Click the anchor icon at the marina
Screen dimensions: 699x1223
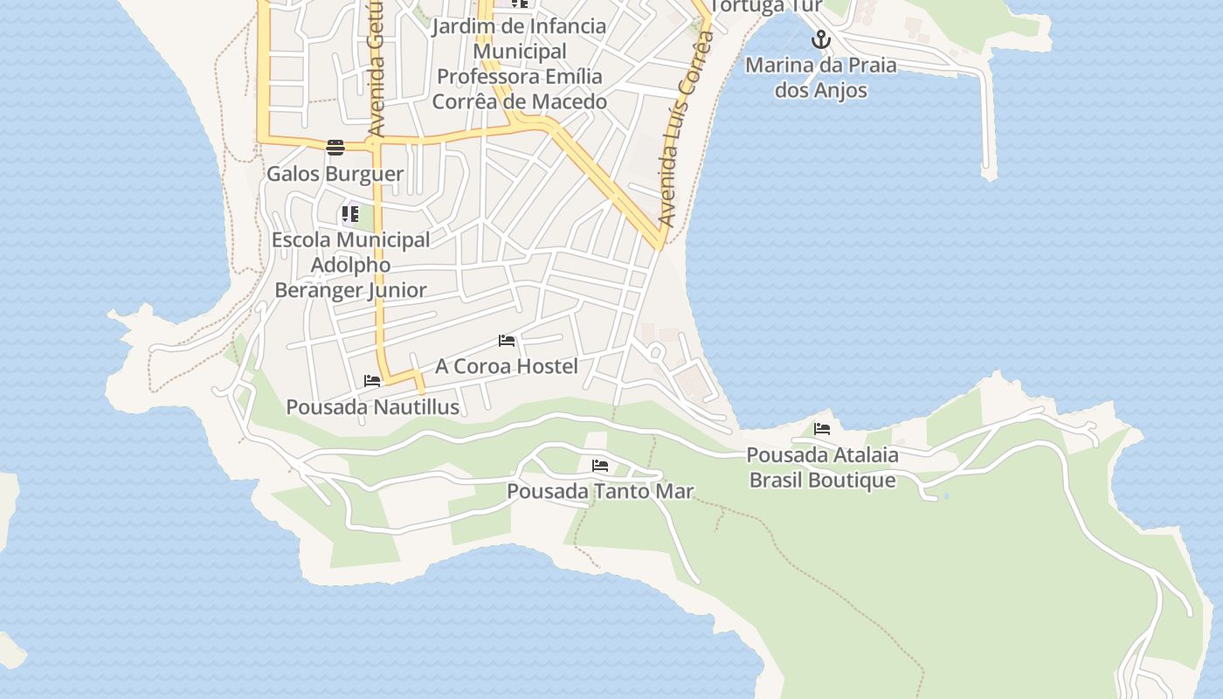(x=819, y=39)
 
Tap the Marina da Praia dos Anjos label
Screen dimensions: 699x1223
(x=820, y=78)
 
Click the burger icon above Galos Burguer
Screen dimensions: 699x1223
(x=335, y=147)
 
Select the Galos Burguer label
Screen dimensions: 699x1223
(x=335, y=173)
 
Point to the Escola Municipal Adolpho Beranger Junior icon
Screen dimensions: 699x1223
(x=350, y=213)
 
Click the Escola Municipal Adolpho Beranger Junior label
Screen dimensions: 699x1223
(x=350, y=265)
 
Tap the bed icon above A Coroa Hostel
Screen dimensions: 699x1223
(x=507, y=341)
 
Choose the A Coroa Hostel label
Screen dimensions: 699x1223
(x=507, y=366)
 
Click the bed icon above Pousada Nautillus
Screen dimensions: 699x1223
(x=372, y=381)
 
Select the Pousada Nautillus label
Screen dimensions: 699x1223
(x=373, y=407)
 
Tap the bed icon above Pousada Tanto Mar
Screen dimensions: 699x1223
(x=599, y=466)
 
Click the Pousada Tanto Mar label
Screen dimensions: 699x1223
(x=600, y=491)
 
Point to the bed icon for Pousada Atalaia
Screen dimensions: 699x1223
(x=822, y=429)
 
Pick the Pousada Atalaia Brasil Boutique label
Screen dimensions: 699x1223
(x=822, y=467)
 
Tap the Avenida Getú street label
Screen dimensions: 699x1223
(x=377, y=70)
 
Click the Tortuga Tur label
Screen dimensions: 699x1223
(x=766, y=6)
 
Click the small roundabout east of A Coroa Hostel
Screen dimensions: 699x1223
(x=657, y=352)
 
